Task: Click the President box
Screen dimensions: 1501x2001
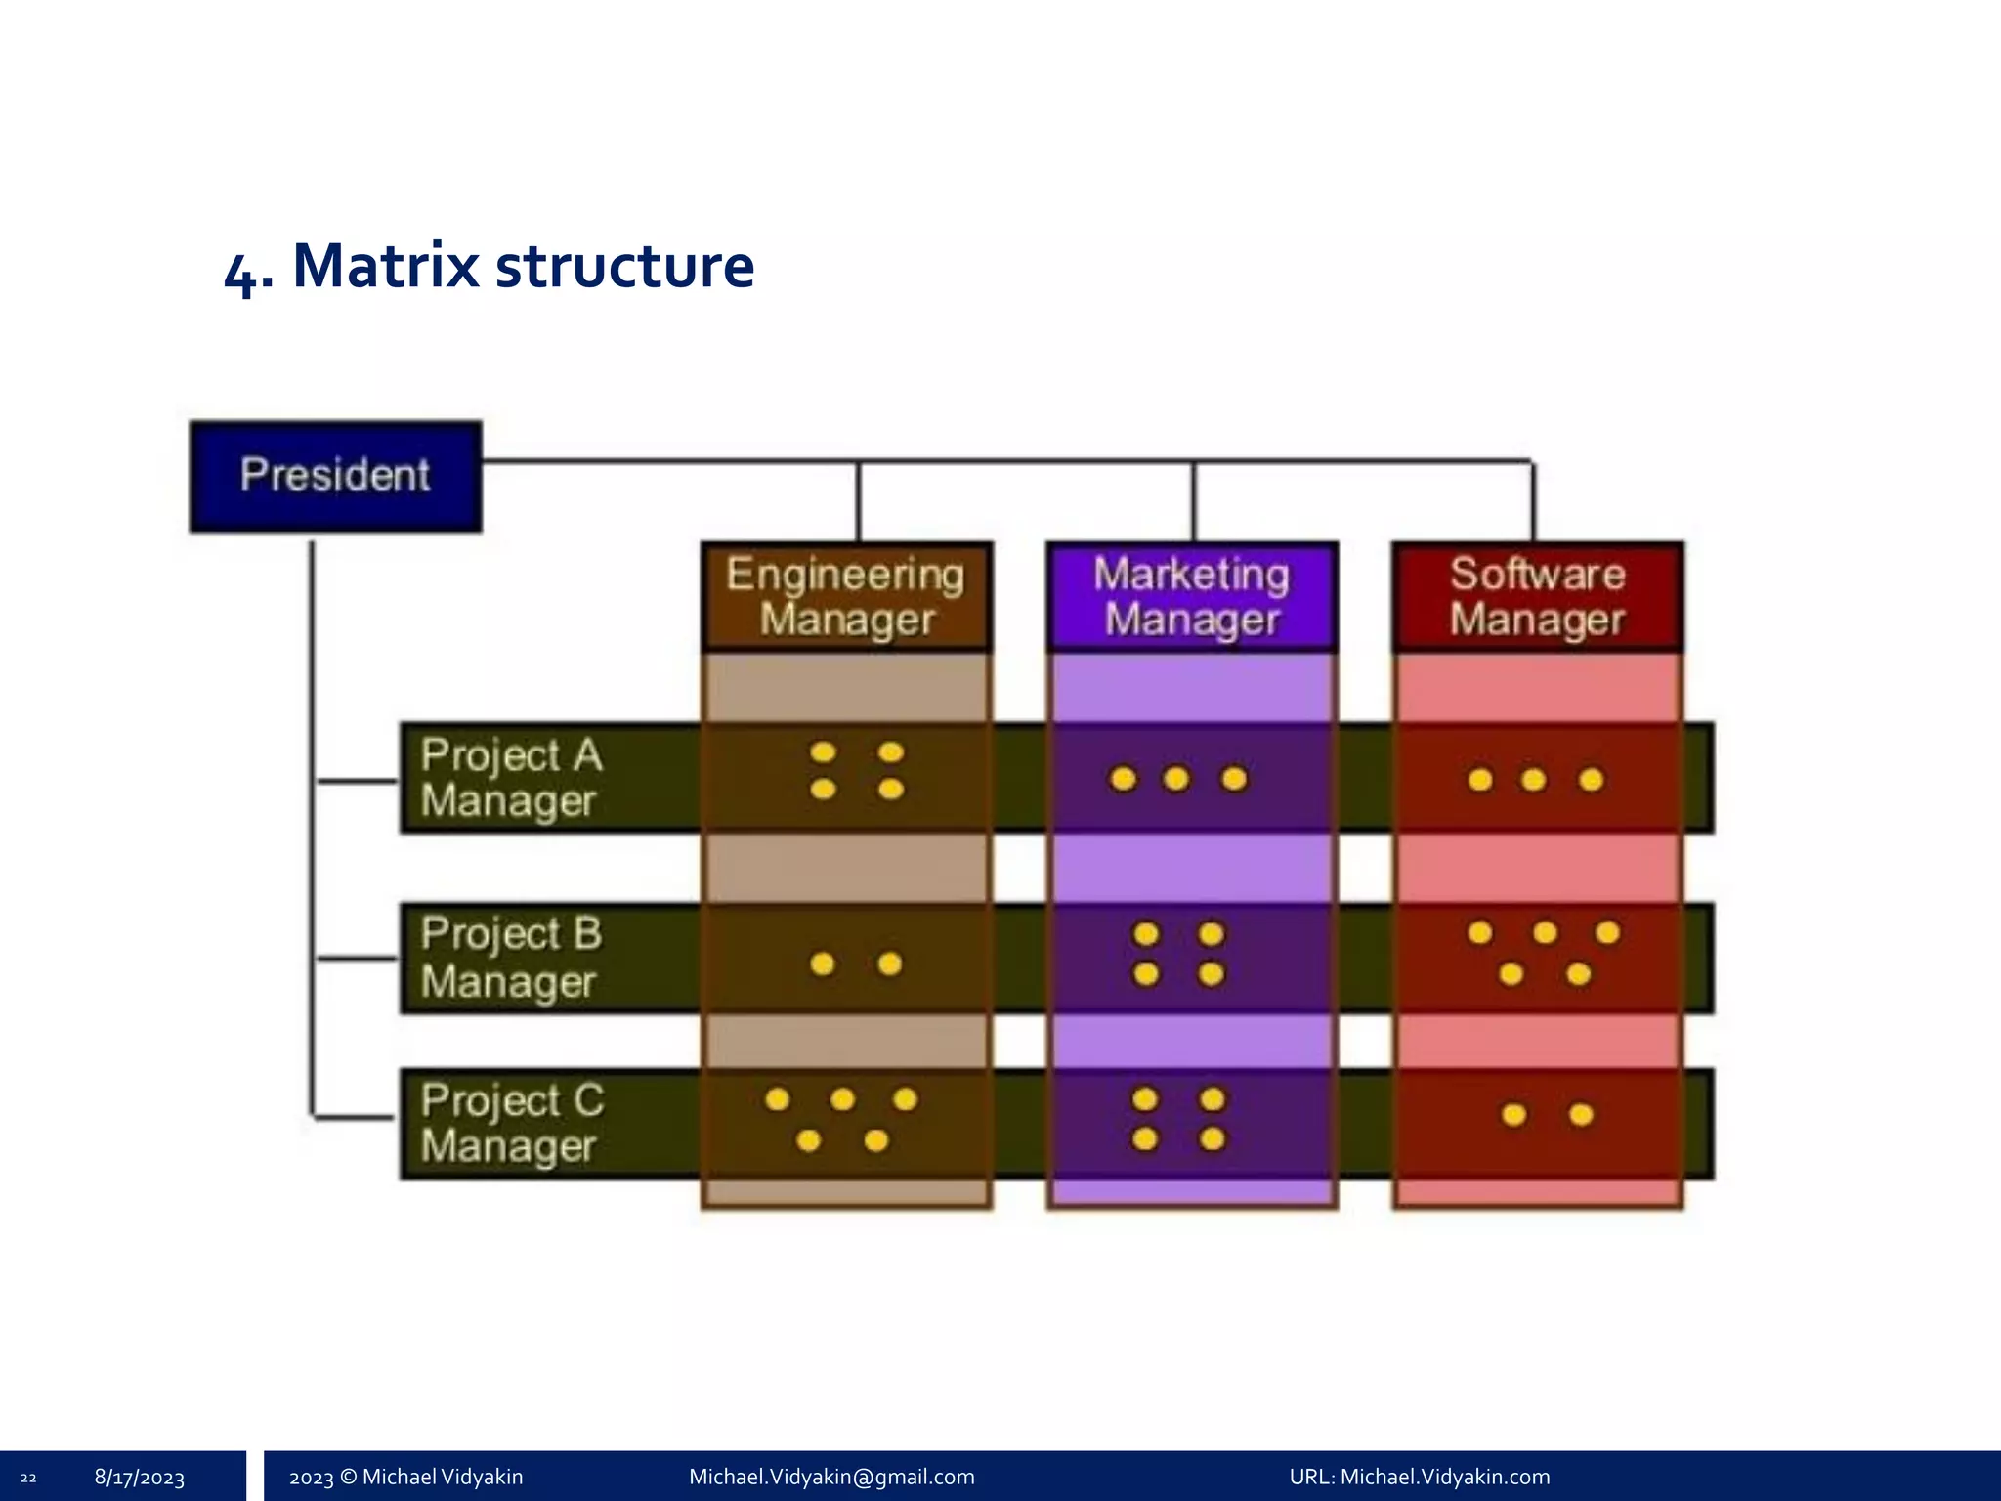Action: coord(335,476)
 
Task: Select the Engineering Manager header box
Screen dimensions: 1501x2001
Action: coord(846,596)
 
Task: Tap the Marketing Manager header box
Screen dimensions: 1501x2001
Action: coord(1191,596)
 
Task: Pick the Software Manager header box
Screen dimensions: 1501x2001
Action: coord(1537,596)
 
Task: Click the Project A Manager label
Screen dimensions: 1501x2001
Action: coord(511,778)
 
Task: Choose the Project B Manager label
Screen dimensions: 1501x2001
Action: coord(511,958)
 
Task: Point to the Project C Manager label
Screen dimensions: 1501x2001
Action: coord(511,1124)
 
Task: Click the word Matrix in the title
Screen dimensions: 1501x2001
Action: coord(386,266)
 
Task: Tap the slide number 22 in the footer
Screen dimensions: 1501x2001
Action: coord(28,1478)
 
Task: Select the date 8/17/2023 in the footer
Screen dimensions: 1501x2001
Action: coord(140,1478)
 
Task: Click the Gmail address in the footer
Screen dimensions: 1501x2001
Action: coord(831,1477)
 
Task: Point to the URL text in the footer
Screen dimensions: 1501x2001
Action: coord(1419,1477)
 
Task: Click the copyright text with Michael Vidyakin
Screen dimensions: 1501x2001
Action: coord(405,1477)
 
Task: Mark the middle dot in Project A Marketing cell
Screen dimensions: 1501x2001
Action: coord(1176,779)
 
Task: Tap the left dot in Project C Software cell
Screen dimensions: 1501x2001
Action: coord(1513,1115)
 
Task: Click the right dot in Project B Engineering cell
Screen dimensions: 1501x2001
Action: coord(889,965)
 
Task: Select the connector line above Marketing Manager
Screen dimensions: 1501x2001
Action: coord(1193,500)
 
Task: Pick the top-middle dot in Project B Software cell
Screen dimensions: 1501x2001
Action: coord(1545,932)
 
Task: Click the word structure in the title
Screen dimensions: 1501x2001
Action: coord(625,266)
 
